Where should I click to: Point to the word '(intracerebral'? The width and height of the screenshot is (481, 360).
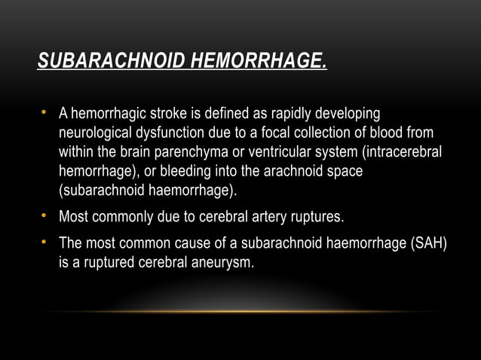pyautogui.click(x=400, y=153)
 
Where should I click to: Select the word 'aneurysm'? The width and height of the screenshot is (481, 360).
pyautogui.click(x=223, y=263)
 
